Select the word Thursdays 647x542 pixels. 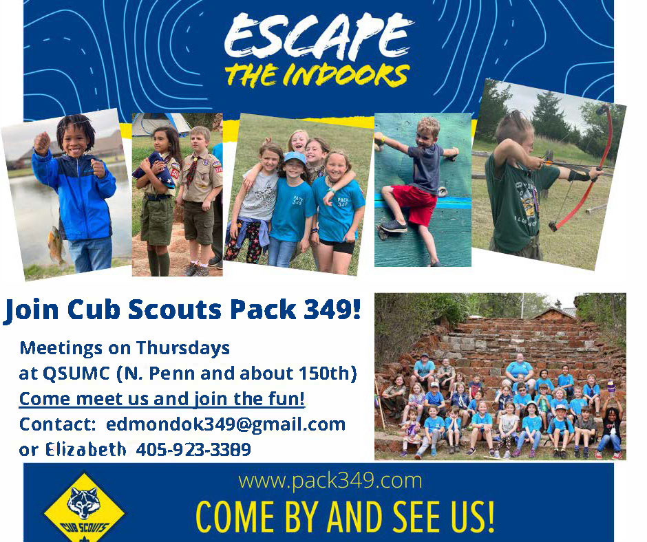click(x=183, y=348)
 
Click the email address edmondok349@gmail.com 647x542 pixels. click(x=226, y=425)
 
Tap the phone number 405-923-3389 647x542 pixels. click(x=193, y=450)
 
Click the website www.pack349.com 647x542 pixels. click(x=330, y=481)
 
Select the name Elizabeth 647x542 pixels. click(x=86, y=449)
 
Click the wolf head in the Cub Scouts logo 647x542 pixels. click(x=84, y=502)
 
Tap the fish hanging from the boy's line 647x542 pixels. click(x=55, y=246)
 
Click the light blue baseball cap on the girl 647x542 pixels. click(x=294, y=157)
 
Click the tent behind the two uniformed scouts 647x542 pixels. click(x=160, y=123)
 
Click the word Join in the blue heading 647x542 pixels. click(x=31, y=310)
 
